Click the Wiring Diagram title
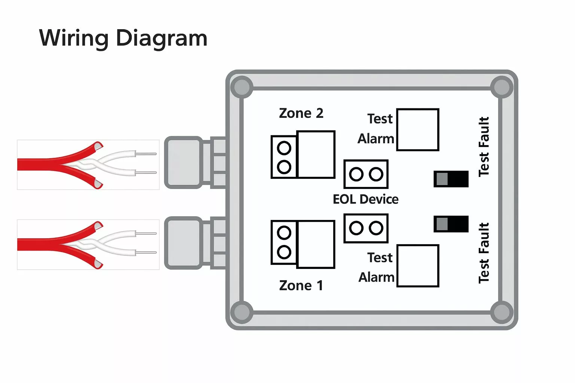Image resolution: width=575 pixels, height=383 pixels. (123, 39)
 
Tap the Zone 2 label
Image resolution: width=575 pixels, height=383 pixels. (301, 113)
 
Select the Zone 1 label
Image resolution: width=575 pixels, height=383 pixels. (301, 285)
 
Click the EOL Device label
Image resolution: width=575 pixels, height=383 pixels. (365, 199)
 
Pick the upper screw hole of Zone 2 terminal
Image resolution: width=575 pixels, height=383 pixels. (284, 148)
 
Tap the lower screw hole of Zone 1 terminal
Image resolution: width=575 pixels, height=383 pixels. (284, 252)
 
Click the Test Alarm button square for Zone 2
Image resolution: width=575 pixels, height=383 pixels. (417, 130)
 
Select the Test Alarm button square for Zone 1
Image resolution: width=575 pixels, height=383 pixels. (417, 266)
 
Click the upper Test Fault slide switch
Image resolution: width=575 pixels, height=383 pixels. (451, 179)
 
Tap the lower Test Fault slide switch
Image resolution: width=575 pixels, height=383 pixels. (451, 224)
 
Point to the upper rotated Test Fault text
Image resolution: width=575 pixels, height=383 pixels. (484, 147)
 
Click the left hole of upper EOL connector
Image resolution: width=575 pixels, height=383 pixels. (356, 174)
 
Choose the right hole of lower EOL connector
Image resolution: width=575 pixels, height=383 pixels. (376, 228)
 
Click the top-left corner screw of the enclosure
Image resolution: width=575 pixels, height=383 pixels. (242, 87)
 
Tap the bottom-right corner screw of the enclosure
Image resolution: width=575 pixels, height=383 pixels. (502, 312)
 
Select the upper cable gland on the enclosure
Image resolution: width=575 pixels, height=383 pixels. (183, 162)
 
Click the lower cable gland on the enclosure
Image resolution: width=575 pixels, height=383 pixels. (183, 243)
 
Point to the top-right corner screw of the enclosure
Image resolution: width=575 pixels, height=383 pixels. (502, 87)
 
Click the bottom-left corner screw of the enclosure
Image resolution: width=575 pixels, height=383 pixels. (242, 312)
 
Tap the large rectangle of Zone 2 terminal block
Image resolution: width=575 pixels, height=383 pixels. (316, 154)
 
